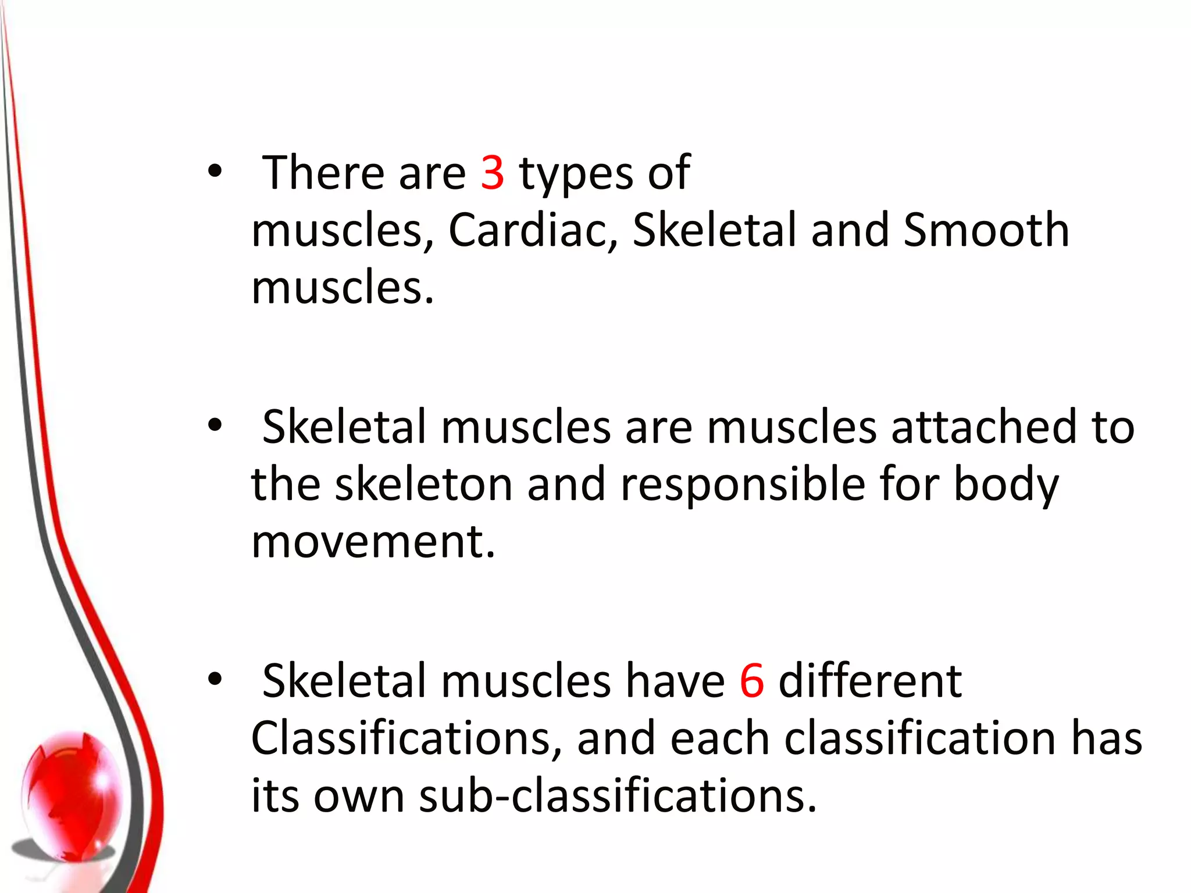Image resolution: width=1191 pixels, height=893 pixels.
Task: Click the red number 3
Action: (492, 173)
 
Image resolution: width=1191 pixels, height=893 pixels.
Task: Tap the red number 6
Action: (751, 681)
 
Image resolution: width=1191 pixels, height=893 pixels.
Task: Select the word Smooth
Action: (986, 231)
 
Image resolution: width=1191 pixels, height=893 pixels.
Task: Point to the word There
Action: (325, 173)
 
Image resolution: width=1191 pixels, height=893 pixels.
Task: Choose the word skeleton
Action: (423, 484)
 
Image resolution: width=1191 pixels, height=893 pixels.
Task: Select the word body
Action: (1006, 485)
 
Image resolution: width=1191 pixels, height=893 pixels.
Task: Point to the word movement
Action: (372, 542)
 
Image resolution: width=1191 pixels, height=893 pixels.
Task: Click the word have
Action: (675, 681)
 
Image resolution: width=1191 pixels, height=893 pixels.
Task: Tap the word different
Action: (870, 681)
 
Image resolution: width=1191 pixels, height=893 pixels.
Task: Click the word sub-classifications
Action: (618, 795)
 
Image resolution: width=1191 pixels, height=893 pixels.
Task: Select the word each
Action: (720, 738)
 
